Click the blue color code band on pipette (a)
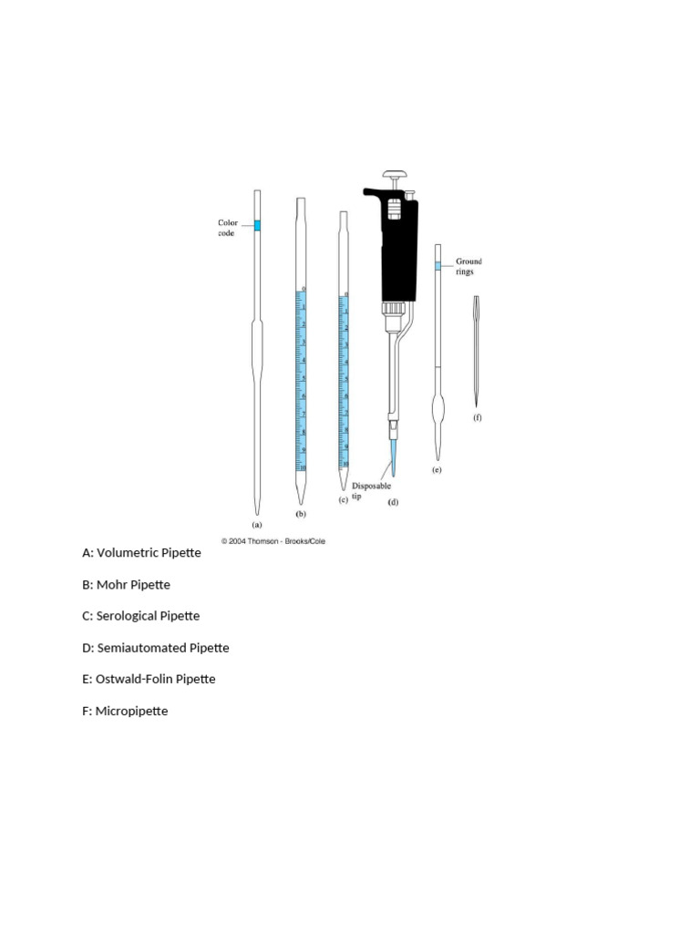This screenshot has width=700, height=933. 257,225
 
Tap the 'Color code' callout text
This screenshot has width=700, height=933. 228,228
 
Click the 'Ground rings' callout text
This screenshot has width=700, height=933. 469,266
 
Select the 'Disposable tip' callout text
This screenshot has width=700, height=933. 372,491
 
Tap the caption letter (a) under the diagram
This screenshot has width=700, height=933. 257,524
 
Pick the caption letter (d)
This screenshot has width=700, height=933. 394,502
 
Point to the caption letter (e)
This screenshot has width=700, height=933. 437,470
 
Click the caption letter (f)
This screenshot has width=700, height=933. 477,417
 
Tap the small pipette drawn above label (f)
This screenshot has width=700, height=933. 476,351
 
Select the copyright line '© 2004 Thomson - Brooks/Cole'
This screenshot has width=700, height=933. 273,540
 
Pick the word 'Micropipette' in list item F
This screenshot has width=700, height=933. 131,711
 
